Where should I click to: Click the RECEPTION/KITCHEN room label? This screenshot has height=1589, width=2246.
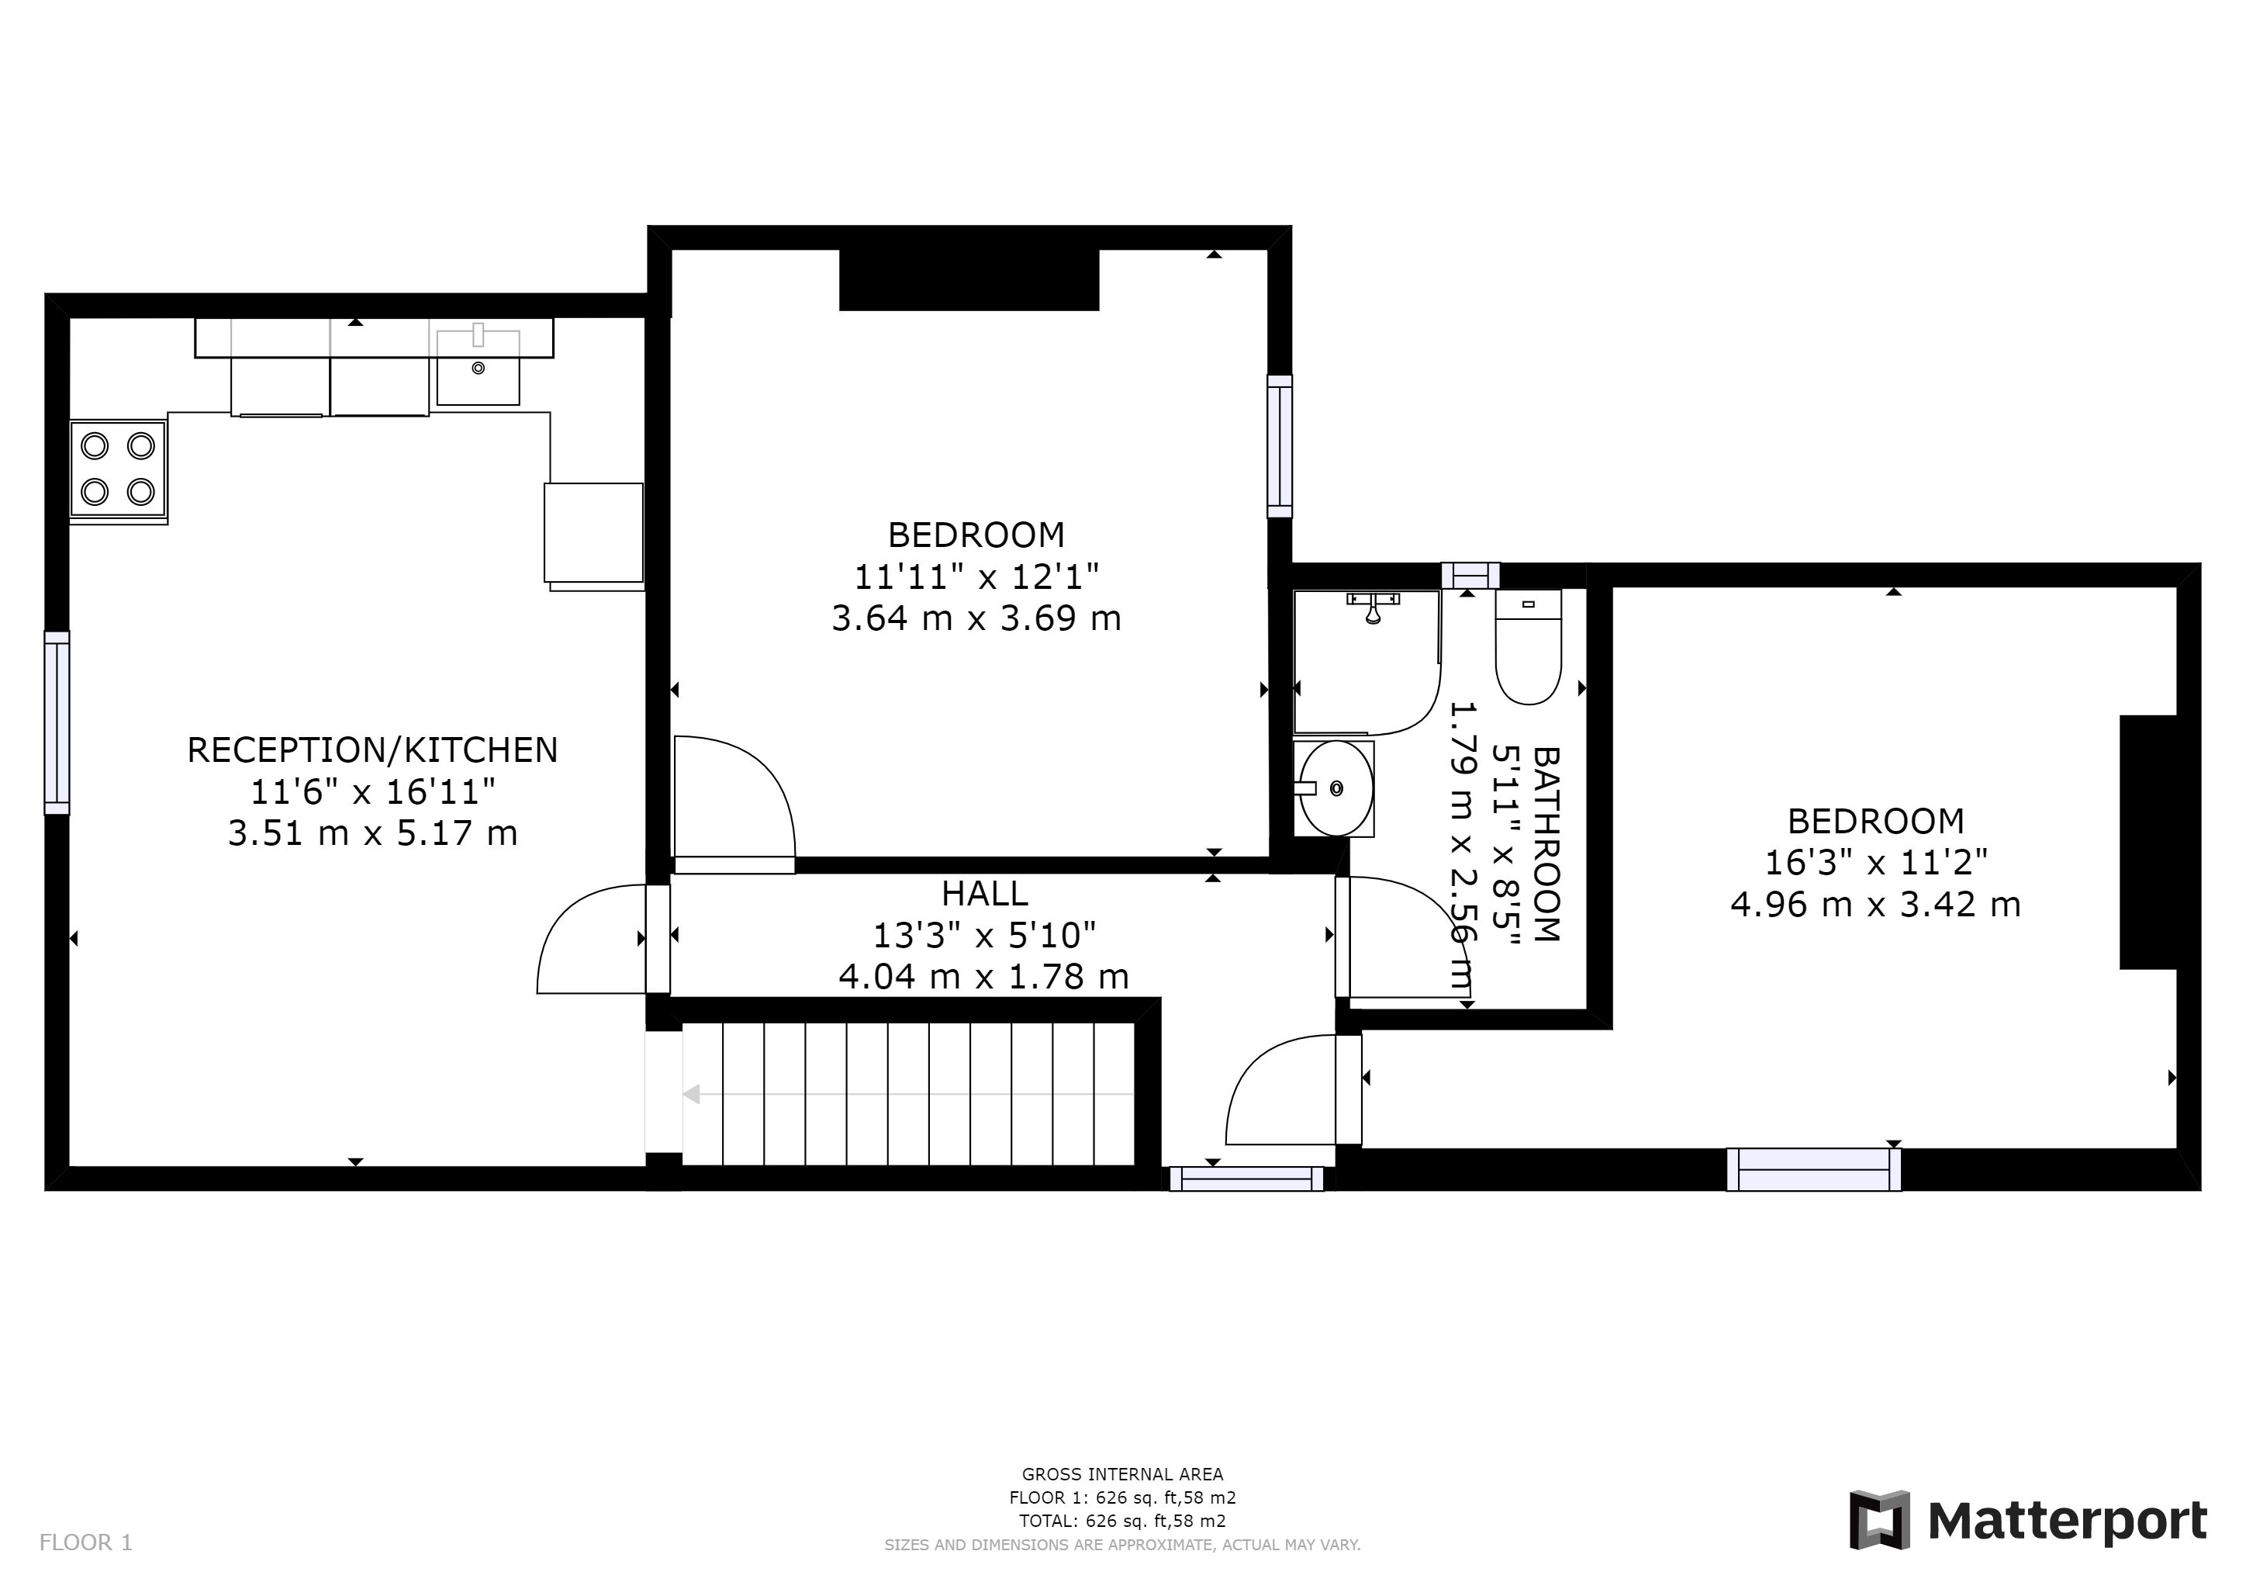tap(373, 750)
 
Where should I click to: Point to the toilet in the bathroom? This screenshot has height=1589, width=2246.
tap(1528, 647)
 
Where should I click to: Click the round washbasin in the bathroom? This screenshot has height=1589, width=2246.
tap(1334, 788)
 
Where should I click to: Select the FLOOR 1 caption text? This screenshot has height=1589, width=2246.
tap(86, 1543)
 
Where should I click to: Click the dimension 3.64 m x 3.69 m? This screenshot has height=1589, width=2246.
tap(976, 618)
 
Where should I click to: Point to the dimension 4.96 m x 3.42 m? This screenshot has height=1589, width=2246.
tap(1875, 904)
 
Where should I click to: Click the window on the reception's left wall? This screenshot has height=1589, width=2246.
tap(57, 723)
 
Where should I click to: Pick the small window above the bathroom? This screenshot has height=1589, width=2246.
tap(1470, 576)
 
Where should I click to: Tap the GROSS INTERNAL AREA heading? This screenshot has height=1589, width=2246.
tap(1122, 1474)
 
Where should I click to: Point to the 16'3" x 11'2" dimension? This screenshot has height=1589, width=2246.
tap(1875, 862)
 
